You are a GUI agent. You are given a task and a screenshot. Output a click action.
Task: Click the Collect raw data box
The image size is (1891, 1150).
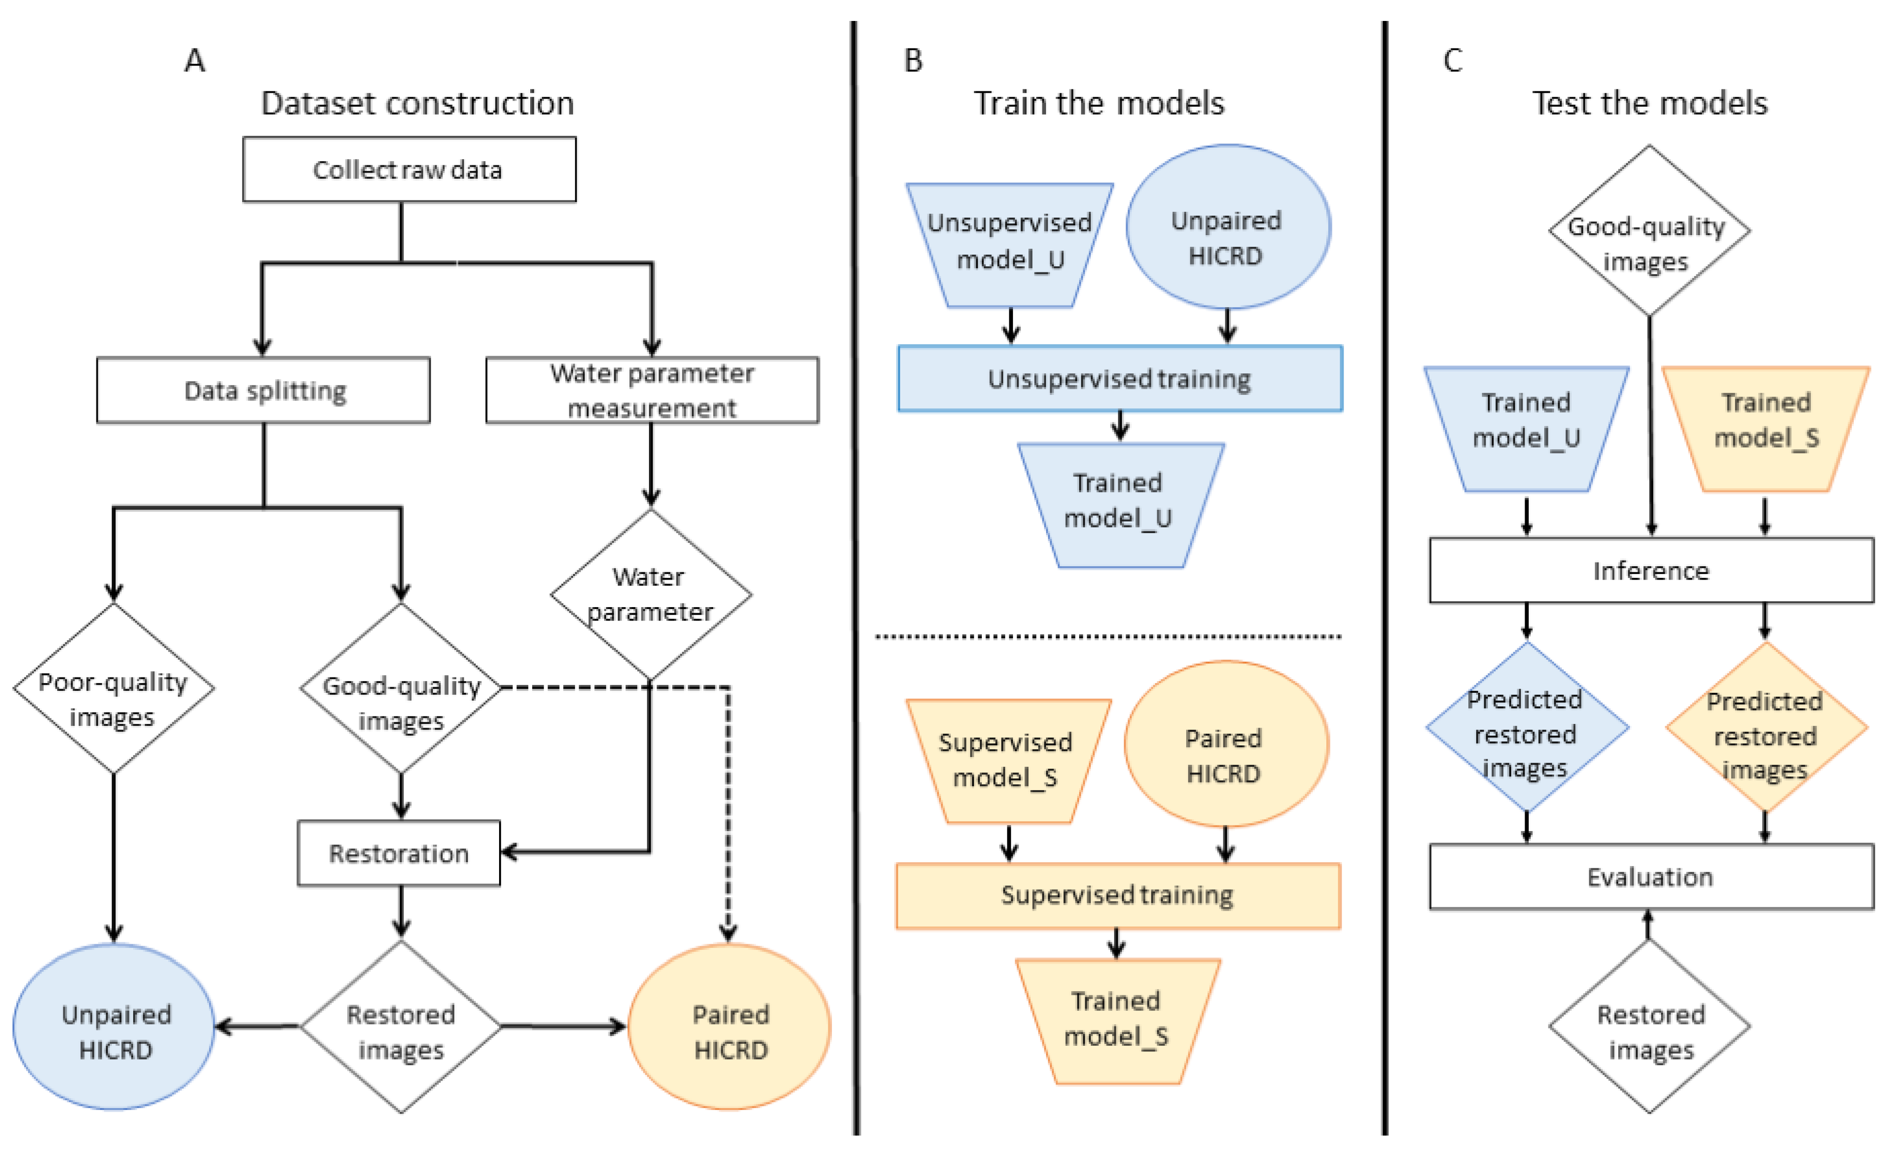coord(409,169)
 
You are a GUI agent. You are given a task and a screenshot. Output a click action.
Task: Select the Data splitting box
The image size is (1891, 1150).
coord(263,390)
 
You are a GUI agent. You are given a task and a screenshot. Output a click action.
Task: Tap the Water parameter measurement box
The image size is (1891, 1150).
coord(652,390)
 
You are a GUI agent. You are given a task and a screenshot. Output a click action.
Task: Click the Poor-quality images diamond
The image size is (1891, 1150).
coord(114,689)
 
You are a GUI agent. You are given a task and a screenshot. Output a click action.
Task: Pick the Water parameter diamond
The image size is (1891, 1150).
coord(650,594)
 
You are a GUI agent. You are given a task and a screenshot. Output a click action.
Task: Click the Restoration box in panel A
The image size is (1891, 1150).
coord(399,853)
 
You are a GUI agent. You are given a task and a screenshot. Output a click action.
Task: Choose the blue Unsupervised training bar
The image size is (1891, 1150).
coord(1119,379)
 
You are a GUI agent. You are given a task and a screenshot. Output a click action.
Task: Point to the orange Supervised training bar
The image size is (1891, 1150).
coord(1117,895)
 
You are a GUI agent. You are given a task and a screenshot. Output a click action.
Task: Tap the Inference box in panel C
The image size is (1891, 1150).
coord(1651,570)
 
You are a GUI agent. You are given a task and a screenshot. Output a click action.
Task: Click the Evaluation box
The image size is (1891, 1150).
coord(1651,877)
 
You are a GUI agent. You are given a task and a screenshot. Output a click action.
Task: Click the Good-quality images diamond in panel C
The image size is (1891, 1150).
coord(1648,230)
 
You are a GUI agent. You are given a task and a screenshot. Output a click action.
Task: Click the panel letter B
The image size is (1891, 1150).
coord(913,61)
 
